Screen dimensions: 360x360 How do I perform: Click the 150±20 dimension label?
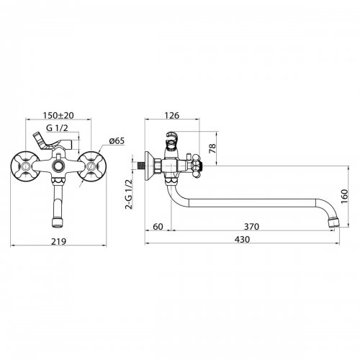pyautogui.click(x=58, y=115)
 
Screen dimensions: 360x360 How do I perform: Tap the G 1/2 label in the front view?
pyautogui.click(x=57, y=128)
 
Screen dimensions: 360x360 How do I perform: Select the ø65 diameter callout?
pyautogui.click(x=117, y=140)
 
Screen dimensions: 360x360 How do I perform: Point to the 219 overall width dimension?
pyautogui.click(x=58, y=241)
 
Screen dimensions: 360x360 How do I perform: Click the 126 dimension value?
pyautogui.click(x=172, y=115)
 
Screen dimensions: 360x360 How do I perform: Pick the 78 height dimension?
pyautogui.click(x=212, y=148)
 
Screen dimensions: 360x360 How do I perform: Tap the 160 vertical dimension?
pyautogui.click(x=344, y=196)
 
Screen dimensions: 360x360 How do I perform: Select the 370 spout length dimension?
pyautogui.click(x=251, y=226)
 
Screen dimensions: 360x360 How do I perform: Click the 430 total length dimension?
pyautogui.click(x=242, y=239)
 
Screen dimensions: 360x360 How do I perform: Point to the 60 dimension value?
pyautogui.click(x=158, y=226)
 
